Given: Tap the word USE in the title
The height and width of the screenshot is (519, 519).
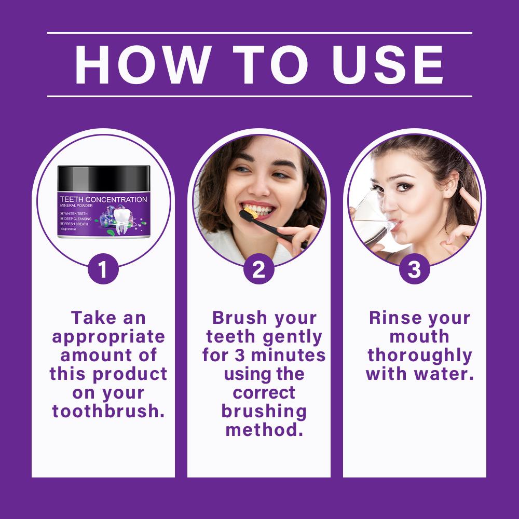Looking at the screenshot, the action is tap(388, 64).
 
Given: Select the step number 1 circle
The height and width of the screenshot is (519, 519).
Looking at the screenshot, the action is tap(103, 269).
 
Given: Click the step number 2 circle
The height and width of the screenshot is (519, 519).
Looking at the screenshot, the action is tap(259, 269).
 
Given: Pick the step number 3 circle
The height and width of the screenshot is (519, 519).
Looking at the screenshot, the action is tap(414, 269).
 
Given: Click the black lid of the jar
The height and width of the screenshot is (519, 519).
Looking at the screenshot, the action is tap(104, 179).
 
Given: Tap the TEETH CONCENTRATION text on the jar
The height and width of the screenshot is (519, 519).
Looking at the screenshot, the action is tap(104, 199).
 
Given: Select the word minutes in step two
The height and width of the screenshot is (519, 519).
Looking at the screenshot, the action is tap(288, 355).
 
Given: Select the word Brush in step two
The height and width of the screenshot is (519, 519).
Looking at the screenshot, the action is tap(240, 318).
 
